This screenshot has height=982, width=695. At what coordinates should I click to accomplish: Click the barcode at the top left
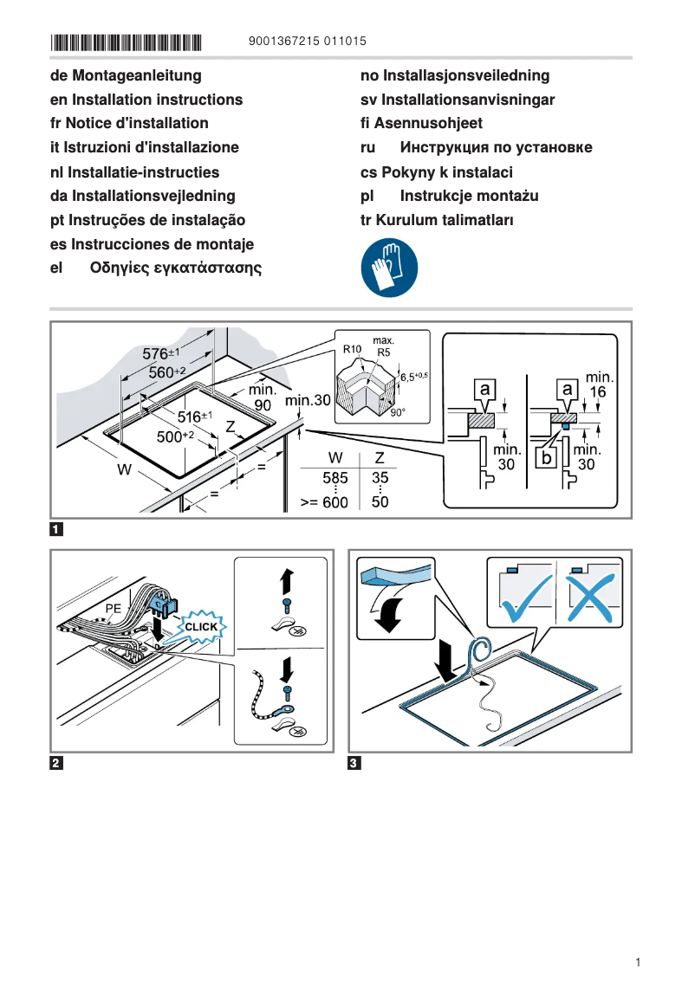[126, 42]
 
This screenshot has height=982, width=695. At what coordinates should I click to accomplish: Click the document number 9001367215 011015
[307, 41]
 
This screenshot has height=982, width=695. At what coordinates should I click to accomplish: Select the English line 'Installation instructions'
[146, 100]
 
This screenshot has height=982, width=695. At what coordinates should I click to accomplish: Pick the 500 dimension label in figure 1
[174, 437]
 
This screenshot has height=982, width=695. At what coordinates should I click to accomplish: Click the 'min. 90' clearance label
[263, 397]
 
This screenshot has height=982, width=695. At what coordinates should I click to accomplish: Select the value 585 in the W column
[335, 478]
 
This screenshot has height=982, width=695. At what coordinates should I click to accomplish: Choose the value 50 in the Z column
[380, 501]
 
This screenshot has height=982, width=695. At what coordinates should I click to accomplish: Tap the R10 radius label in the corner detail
[352, 350]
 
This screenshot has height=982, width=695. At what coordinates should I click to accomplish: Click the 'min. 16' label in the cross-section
[599, 384]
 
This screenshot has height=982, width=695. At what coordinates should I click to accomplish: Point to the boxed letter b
[546, 456]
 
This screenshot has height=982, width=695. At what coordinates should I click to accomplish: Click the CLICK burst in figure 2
[201, 626]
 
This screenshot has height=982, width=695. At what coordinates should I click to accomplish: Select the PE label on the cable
[113, 609]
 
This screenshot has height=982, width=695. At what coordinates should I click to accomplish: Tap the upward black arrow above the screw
[288, 580]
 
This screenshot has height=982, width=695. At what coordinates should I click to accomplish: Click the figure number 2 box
[56, 763]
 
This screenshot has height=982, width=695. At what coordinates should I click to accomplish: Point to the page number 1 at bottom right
[638, 962]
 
